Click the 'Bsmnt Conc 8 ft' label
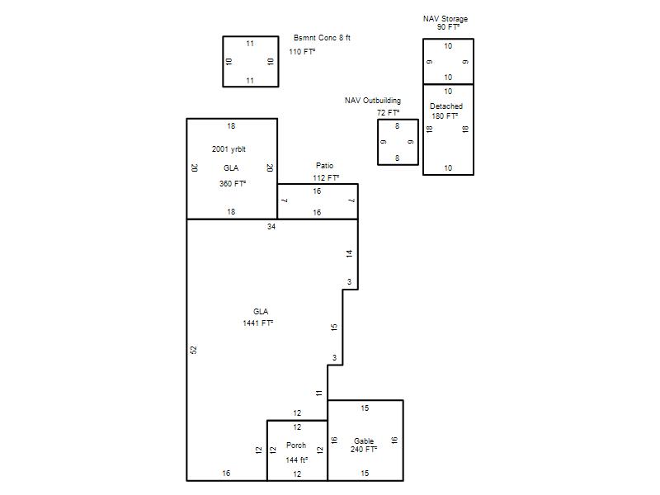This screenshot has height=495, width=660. click(x=322, y=38)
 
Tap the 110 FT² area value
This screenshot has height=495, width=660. click(x=302, y=52)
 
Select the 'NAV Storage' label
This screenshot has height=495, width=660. click(x=445, y=19)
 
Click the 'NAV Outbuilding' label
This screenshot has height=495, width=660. click(x=373, y=101)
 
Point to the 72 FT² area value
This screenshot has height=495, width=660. click(x=388, y=113)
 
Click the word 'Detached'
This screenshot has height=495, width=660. click(x=446, y=106)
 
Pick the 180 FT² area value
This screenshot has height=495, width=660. click(x=445, y=116)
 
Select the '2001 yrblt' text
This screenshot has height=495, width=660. click(x=229, y=149)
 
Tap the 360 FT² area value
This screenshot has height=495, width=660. click(x=233, y=184)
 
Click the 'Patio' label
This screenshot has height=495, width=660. click(x=324, y=166)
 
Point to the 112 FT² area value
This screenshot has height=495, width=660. click(x=326, y=178)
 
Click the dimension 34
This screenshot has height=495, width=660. click(x=271, y=227)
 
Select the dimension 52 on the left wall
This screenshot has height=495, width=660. click(x=194, y=350)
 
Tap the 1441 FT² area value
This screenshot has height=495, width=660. click(x=258, y=323)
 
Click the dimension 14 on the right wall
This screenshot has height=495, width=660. click(x=349, y=253)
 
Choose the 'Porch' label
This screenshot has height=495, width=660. click(x=296, y=445)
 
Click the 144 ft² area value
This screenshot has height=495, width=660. click(x=297, y=460)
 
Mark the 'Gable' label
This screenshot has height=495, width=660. click(x=364, y=441)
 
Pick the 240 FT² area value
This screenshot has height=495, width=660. click(x=364, y=450)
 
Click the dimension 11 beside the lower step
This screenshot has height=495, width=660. click(x=319, y=394)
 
